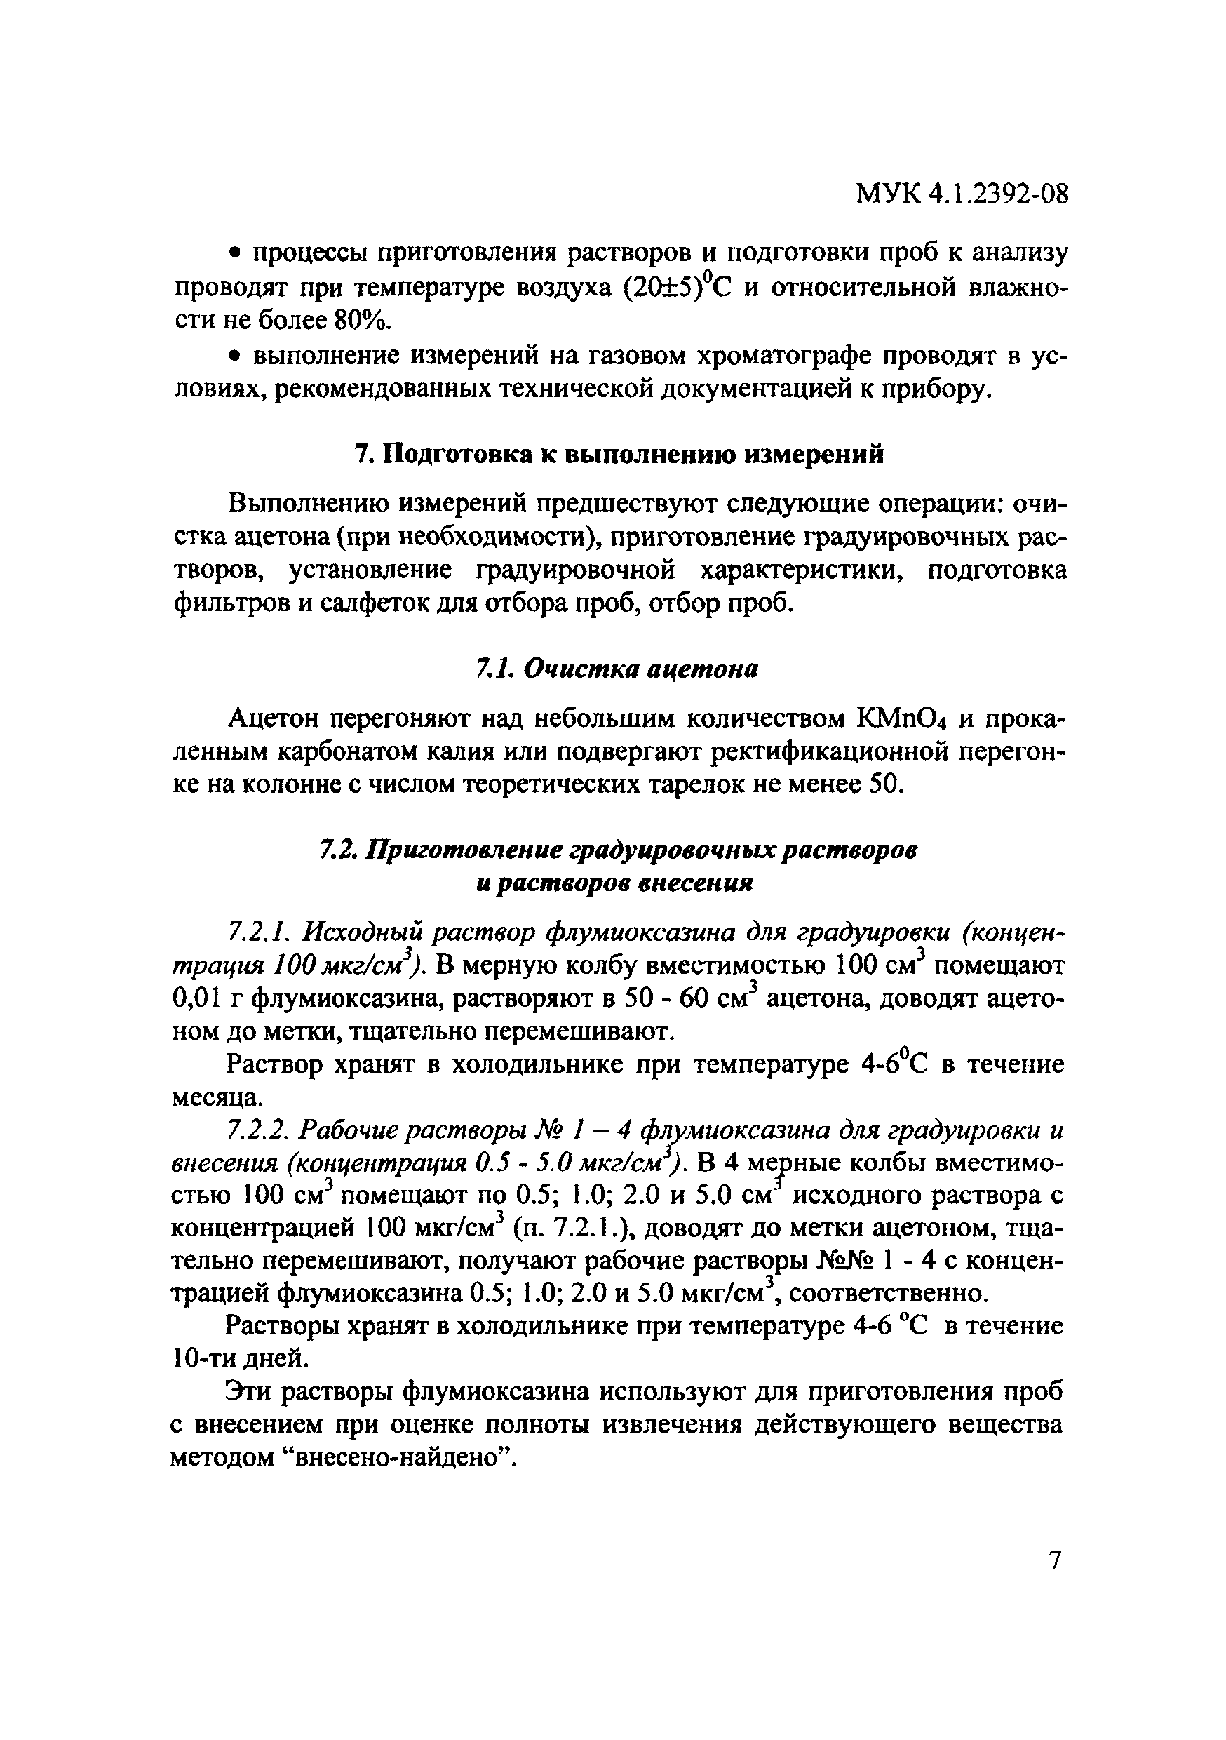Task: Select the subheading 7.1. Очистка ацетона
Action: [617, 669]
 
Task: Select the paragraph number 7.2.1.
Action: [255, 933]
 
